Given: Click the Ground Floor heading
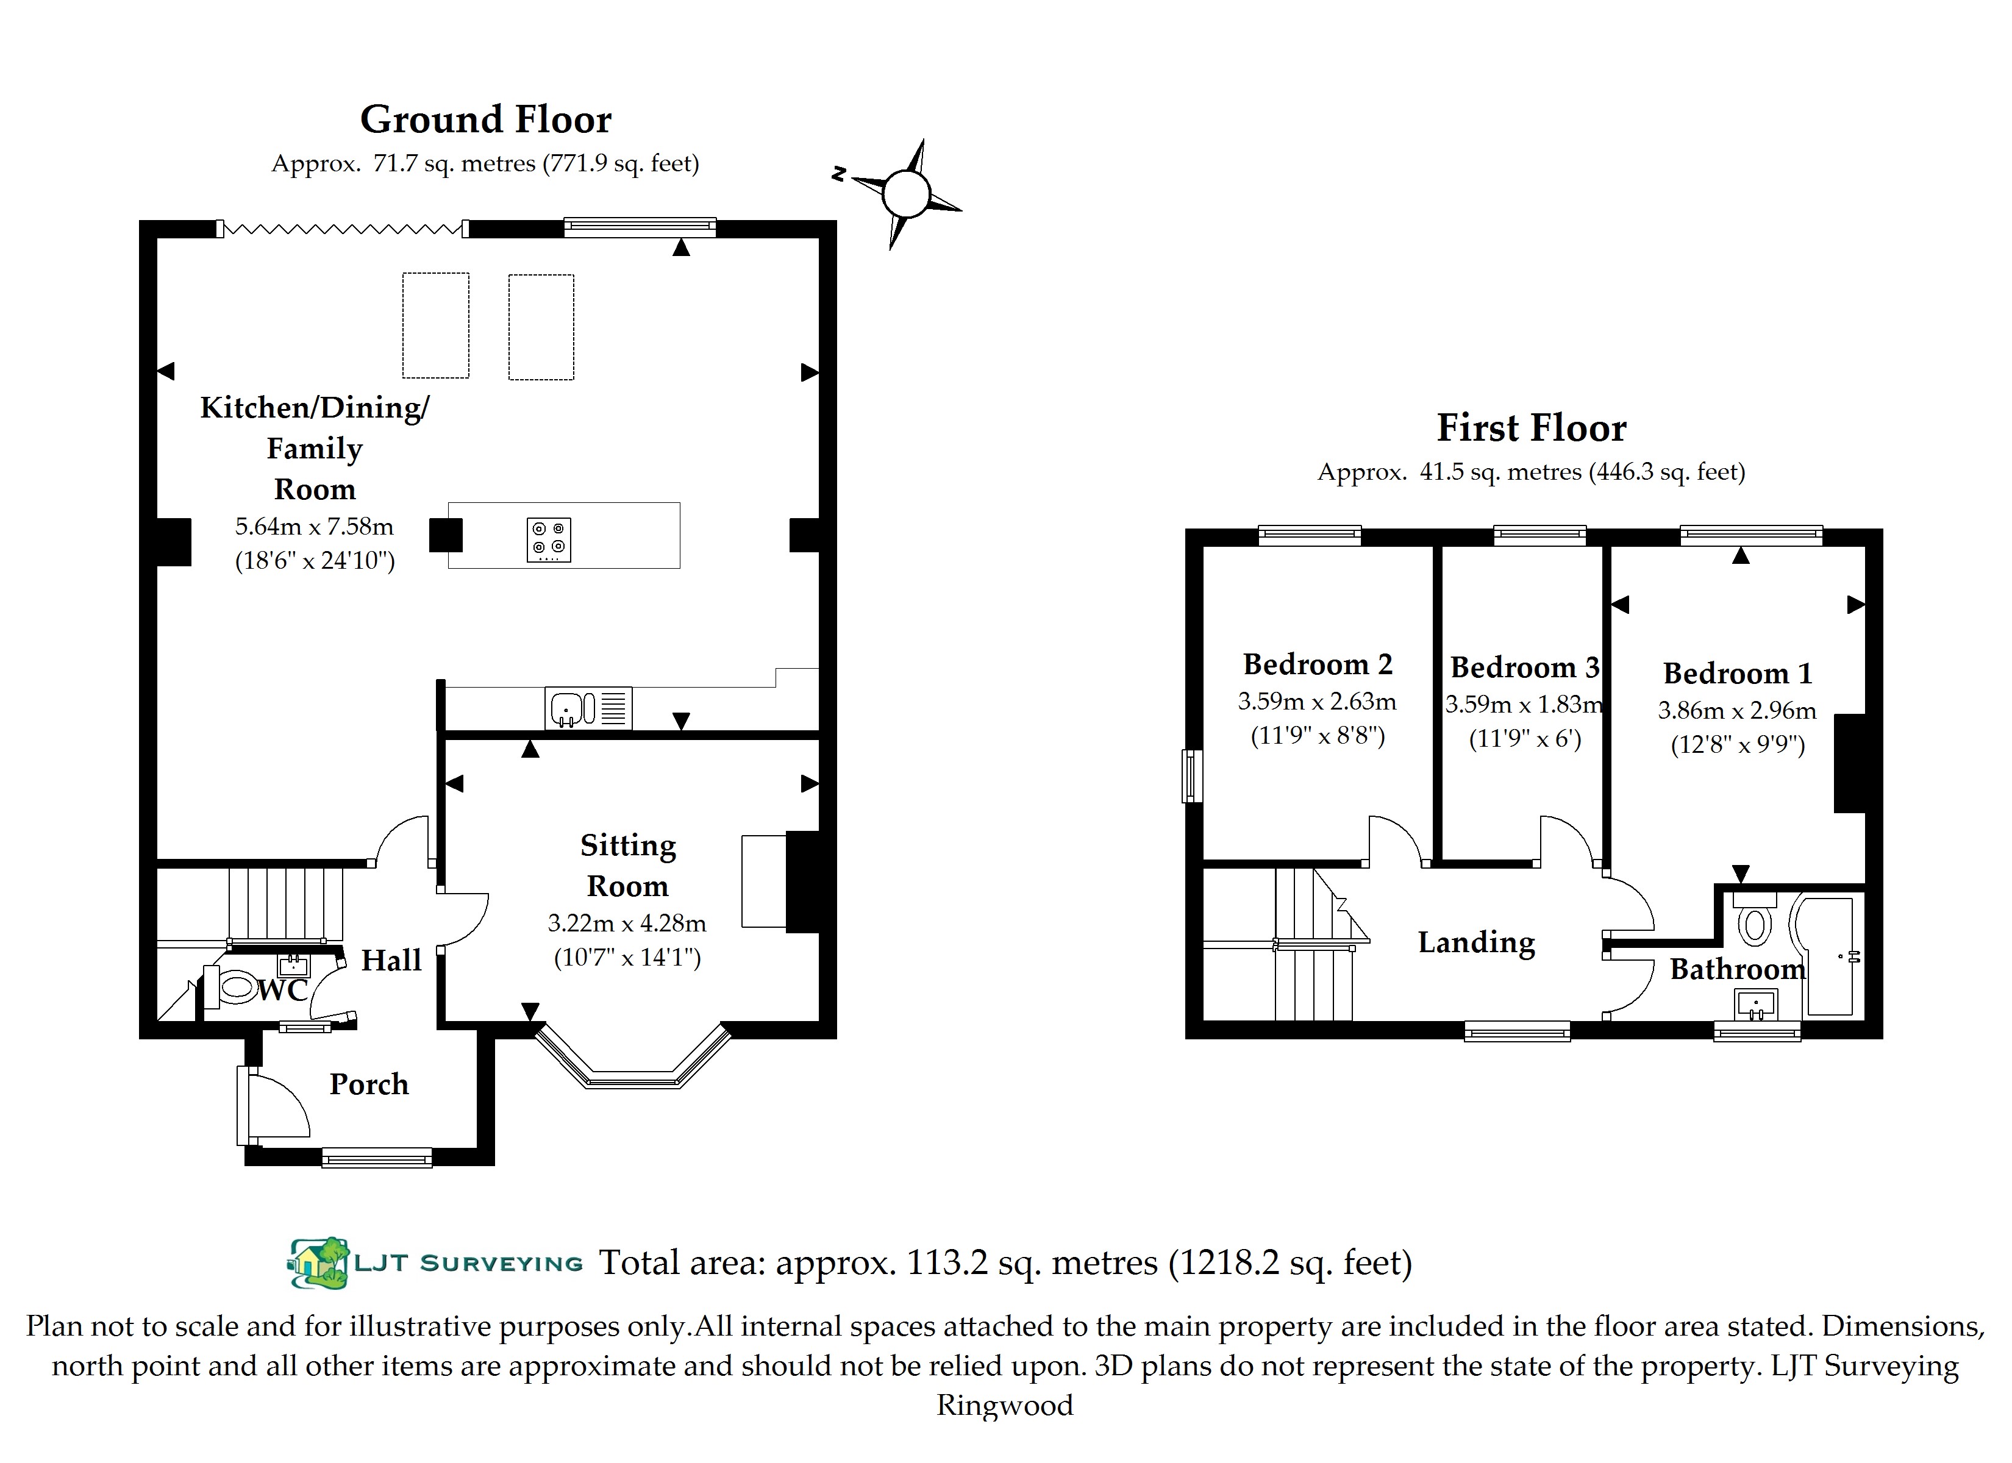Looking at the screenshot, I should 485,119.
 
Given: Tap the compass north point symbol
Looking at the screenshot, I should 905,193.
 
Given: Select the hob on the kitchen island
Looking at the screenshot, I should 548,539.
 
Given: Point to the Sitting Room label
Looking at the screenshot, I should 628,865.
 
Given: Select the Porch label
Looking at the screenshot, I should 369,1084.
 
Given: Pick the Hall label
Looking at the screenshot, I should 390,960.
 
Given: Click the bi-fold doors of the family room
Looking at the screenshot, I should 343,229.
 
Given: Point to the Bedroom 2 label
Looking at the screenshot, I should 1318,664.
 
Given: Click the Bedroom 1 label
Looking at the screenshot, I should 1737,674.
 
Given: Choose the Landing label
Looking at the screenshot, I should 1476,942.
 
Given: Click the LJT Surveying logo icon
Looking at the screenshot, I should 318,1262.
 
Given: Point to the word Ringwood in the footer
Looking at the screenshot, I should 1005,1405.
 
